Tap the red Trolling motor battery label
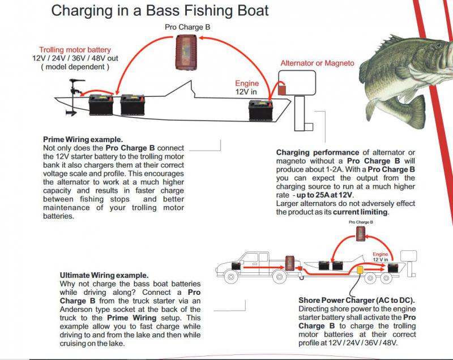pyautogui.click(x=75, y=49)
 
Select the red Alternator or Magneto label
pyautogui.click(x=317, y=63)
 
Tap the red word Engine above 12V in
pyautogui.click(x=246, y=83)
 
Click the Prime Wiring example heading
pyautogui.click(x=83, y=139)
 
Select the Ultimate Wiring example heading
pyautogui.click(x=104, y=275)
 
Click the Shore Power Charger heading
pyautogui.click(x=356, y=299)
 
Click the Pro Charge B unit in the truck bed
pyautogui.click(x=289, y=262)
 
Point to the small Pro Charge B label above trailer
pyautogui.click(x=360, y=222)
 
